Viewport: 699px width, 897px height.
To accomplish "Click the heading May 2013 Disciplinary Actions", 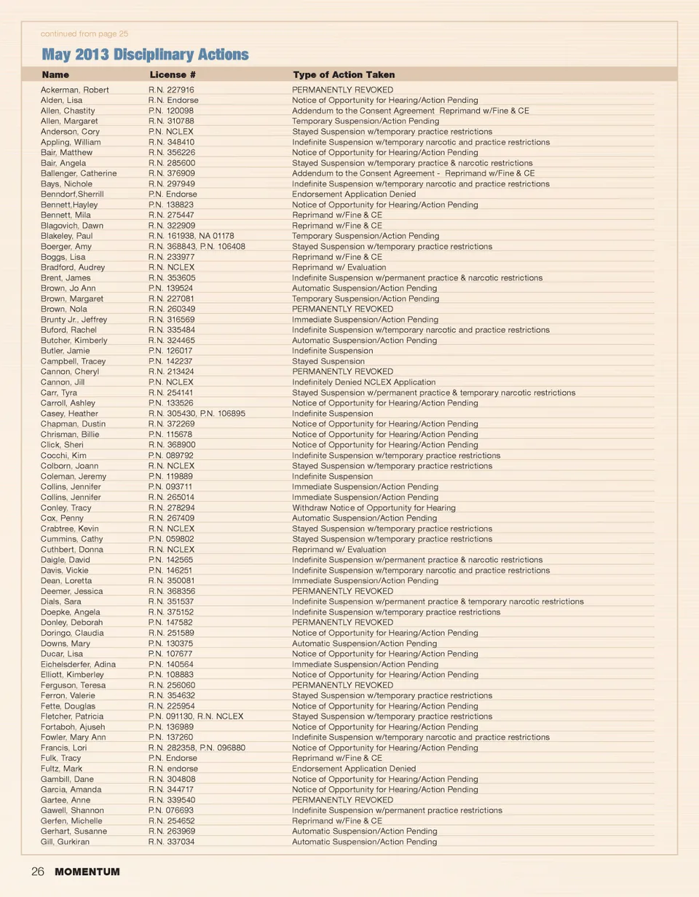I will click(145, 55).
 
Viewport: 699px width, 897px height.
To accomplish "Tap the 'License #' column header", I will click(173, 75).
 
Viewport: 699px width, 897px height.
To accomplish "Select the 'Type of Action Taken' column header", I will click(344, 75).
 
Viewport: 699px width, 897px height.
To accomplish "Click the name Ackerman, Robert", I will click(75, 90).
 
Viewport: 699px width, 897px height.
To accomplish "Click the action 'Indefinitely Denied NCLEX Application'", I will click(363, 382).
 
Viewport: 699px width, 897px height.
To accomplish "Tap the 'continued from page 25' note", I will click(84, 33).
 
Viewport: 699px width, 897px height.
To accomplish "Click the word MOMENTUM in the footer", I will click(87, 872).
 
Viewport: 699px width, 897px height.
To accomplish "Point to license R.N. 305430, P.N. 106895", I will click(197, 414).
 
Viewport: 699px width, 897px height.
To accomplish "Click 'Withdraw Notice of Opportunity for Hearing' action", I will click(374, 507).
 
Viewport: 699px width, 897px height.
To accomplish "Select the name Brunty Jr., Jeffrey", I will click(74, 320).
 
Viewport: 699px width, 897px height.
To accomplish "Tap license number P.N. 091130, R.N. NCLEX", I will click(196, 716).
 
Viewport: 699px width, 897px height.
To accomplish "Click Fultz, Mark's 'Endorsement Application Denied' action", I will click(354, 768).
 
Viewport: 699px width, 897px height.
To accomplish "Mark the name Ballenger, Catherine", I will click(79, 173).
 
